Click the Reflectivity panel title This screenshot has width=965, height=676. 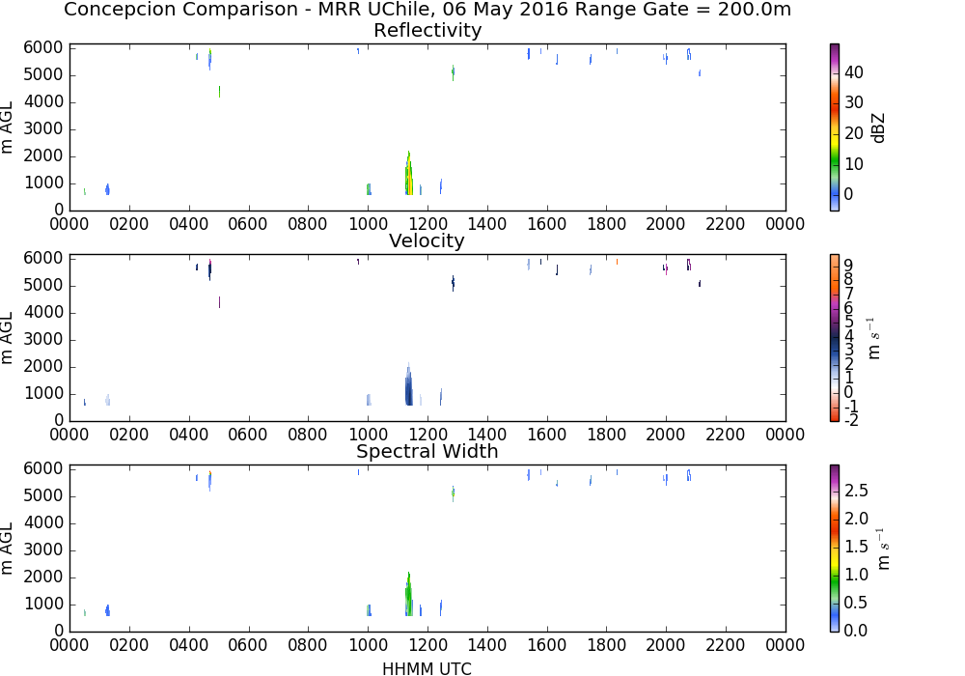tap(427, 30)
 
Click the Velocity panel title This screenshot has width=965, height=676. tap(427, 240)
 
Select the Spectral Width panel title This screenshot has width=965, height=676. tap(427, 451)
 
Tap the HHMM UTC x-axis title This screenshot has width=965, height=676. tap(427, 668)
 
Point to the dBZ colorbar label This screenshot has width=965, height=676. tap(878, 128)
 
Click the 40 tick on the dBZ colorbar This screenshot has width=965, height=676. tap(854, 72)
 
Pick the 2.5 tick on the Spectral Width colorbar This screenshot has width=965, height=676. tap(856, 490)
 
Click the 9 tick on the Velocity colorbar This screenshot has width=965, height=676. tap(848, 266)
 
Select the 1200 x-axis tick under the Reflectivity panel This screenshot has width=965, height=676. tap(427, 223)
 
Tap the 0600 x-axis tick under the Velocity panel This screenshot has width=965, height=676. tap(248, 435)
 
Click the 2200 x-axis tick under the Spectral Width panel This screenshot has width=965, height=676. tap(726, 644)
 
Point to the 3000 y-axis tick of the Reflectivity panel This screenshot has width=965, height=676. tap(43, 128)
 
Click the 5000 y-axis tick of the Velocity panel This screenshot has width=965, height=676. tap(43, 285)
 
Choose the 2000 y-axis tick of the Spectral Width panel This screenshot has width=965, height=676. tap(43, 577)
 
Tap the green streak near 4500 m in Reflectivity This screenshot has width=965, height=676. tap(220, 92)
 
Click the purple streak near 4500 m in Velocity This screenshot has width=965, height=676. tap(220, 302)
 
